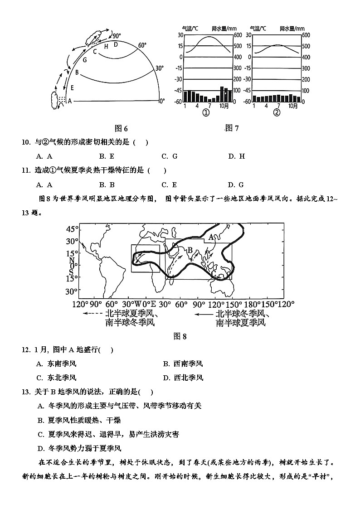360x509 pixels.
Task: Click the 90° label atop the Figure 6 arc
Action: tap(117, 36)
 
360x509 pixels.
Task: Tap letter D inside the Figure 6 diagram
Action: tap(116, 44)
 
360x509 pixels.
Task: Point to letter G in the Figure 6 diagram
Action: tap(84, 59)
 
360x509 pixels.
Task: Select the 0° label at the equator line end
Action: tap(162, 101)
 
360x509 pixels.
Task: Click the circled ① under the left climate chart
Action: tap(205, 113)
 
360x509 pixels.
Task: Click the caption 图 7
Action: tap(232, 128)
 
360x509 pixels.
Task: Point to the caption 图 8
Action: tap(180, 336)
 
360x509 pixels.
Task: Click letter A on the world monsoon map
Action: tap(211, 237)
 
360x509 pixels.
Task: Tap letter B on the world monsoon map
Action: tap(190, 250)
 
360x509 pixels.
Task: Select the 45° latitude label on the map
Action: tap(73, 228)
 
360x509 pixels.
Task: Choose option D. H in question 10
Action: tap(236, 156)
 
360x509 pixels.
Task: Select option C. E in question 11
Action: tap(169, 184)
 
